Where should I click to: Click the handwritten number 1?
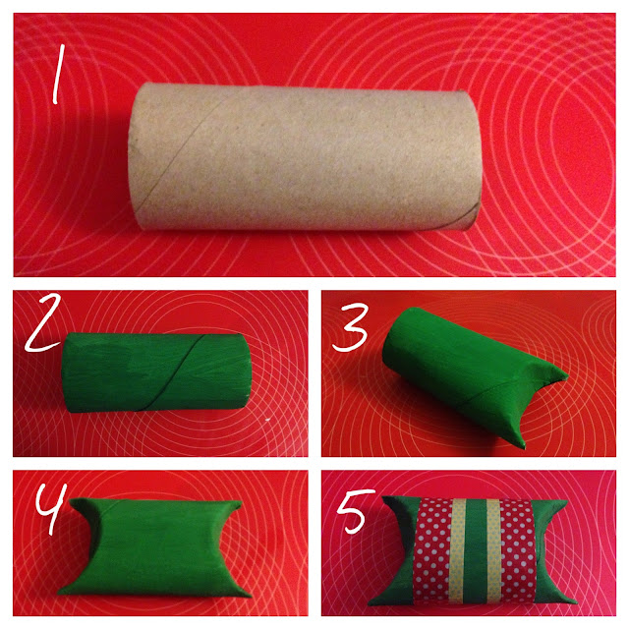[x=58, y=75]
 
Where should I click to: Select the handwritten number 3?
[x=350, y=327]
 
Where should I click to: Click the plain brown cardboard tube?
[x=305, y=156]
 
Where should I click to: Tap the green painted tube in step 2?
[x=156, y=372]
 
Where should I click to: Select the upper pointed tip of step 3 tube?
[x=566, y=376]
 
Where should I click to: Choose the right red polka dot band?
[x=518, y=551]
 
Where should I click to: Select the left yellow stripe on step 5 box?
[x=457, y=550]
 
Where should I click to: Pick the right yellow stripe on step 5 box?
[x=493, y=550]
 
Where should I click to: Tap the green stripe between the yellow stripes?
[x=476, y=550]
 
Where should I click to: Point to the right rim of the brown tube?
[x=476, y=160]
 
